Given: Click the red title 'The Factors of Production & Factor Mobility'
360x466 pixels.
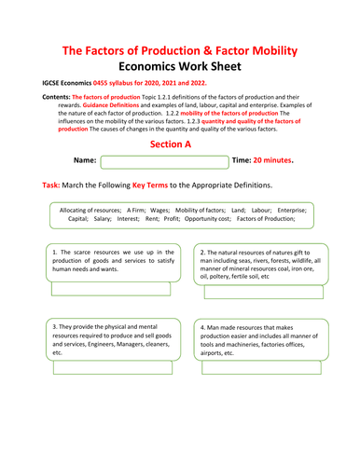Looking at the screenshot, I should (x=180, y=50).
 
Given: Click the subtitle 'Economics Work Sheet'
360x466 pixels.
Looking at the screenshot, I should (x=180, y=68).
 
